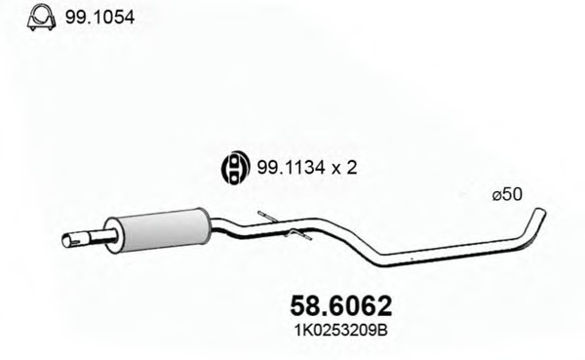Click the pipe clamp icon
tap(41, 18)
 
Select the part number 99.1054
tap(99, 18)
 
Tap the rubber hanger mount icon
tap(235, 167)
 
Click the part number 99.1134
tap(291, 168)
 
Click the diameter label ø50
tap(507, 194)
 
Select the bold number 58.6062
tap(341, 305)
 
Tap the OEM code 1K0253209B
tap(341, 330)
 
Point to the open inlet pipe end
tap(68, 241)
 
